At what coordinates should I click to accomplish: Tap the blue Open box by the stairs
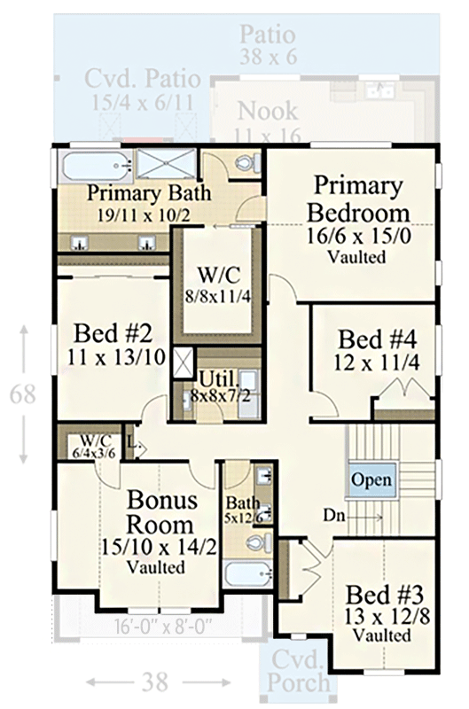pos(371,479)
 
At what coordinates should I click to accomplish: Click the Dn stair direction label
pos(335,514)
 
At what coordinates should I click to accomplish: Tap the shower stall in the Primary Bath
pos(167,165)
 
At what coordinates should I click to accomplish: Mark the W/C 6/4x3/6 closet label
pos(90,442)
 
